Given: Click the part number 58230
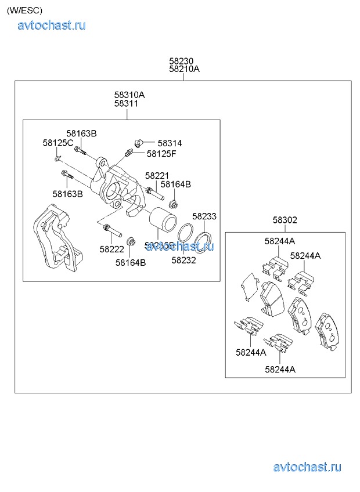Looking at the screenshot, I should [181, 60].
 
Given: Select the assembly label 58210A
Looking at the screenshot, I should [184, 68].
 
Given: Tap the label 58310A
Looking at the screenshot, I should [129, 95].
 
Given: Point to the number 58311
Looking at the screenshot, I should [126, 103].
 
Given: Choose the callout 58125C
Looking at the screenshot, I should [57, 143].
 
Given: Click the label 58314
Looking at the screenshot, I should [170, 143].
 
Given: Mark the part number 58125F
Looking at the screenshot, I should [161, 154].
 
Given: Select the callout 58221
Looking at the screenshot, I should [157, 175].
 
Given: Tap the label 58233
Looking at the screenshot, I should [204, 216].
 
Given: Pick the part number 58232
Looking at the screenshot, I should [183, 260].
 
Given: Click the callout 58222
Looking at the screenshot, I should [111, 249].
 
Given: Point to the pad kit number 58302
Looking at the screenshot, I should [285, 220].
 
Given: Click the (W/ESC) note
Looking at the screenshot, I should [24, 10].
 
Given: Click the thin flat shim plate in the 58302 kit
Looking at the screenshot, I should [249, 286].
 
